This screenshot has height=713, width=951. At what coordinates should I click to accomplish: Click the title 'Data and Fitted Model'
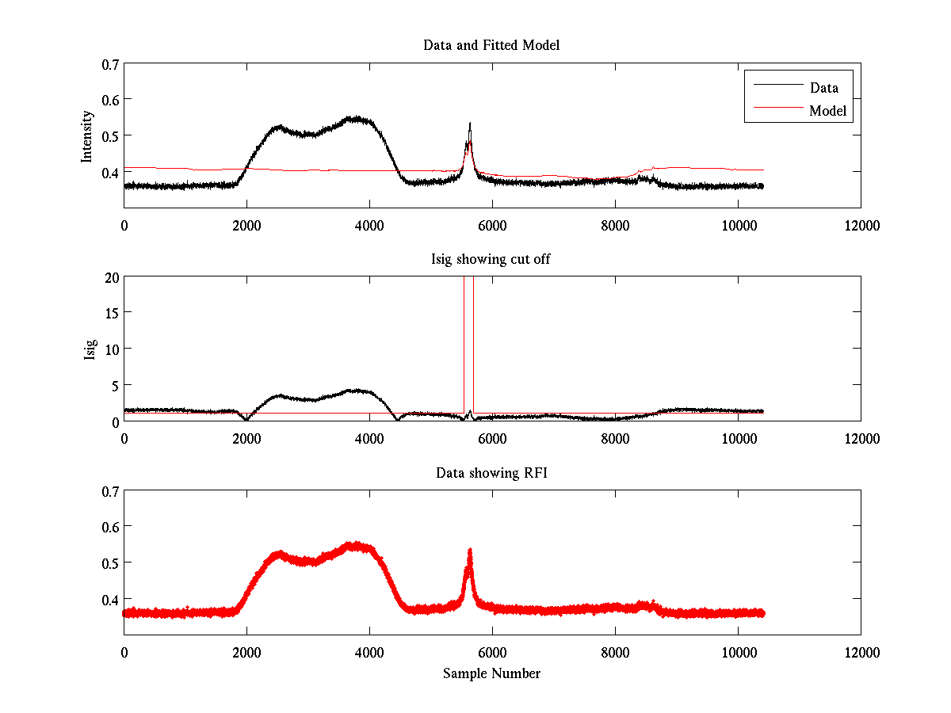point(491,45)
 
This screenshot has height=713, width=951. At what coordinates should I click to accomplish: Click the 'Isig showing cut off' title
point(491,259)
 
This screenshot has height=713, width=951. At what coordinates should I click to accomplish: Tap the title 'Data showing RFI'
point(491,473)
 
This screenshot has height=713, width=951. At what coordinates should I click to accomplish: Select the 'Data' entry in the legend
point(823,88)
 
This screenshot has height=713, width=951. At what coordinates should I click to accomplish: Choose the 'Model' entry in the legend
point(828,111)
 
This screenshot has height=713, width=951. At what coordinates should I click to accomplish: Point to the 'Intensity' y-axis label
point(88,135)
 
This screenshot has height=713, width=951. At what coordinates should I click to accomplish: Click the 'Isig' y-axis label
point(90,349)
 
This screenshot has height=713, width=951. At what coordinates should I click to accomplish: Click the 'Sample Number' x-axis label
point(491,673)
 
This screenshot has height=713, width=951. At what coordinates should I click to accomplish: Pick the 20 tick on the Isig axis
point(112,277)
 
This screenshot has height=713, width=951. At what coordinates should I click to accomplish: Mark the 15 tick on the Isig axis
point(112,313)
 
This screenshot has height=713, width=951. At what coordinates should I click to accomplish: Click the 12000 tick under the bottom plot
point(861,652)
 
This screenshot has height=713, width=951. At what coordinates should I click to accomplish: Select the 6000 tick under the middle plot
point(492,438)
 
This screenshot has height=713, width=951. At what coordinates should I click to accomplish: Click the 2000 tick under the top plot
point(246,225)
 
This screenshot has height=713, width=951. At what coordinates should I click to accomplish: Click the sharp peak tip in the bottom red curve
point(470,549)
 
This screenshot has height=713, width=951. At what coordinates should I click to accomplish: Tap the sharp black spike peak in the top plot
point(470,123)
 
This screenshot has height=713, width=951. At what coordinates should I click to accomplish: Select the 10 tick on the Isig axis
point(112,349)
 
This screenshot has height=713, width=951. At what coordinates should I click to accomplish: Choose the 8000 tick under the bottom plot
point(615,652)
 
